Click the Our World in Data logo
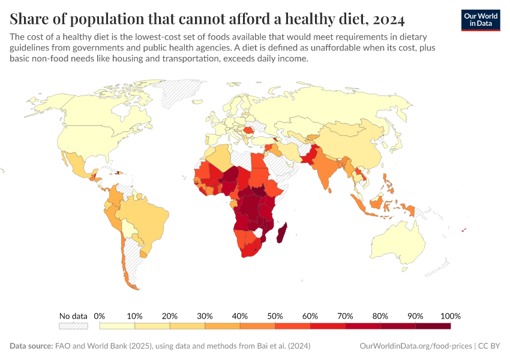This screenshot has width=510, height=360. click(x=480, y=19)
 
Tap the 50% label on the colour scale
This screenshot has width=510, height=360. click(x=275, y=316)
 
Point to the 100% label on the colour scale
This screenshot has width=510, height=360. click(x=450, y=316)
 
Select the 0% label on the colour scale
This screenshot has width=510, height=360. click(x=100, y=316)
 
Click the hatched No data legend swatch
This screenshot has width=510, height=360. click(x=73, y=326)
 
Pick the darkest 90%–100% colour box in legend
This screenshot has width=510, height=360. click(x=433, y=326)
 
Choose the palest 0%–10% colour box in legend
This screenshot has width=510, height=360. click(x=117, y=326)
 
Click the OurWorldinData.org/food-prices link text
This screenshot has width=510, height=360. click(x=415, y=346)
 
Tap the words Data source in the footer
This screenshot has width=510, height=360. click(x=31, y=346)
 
